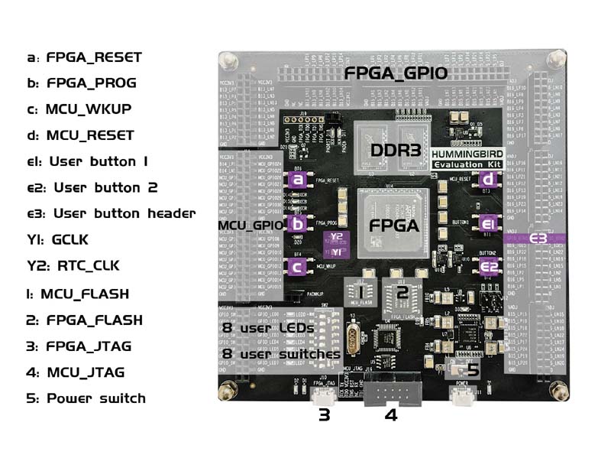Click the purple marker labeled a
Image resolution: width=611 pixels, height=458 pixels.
(x=298, y=180)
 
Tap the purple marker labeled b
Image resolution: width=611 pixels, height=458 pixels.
(x=298, y=224)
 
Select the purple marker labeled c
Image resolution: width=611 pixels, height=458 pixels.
(x=298, y=267)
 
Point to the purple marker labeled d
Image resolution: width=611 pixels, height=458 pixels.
(x=487, y=180)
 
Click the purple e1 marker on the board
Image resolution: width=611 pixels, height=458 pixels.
(x=487, y=224)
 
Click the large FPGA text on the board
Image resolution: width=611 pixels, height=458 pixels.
(x=394, y=226)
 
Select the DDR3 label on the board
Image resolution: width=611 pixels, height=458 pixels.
(x=396, y=151)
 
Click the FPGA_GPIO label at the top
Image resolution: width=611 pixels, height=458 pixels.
(x=395, y=74)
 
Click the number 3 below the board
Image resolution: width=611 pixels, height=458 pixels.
(x=325, y=415)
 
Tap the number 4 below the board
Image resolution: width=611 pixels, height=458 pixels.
(x=390, y=416)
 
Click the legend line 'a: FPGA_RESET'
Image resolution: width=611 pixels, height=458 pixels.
(x=84, y=57)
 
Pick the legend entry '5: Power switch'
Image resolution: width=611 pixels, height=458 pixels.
(x=86, y=398)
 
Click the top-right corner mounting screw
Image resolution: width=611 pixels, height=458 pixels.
(x=557, y=57)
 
